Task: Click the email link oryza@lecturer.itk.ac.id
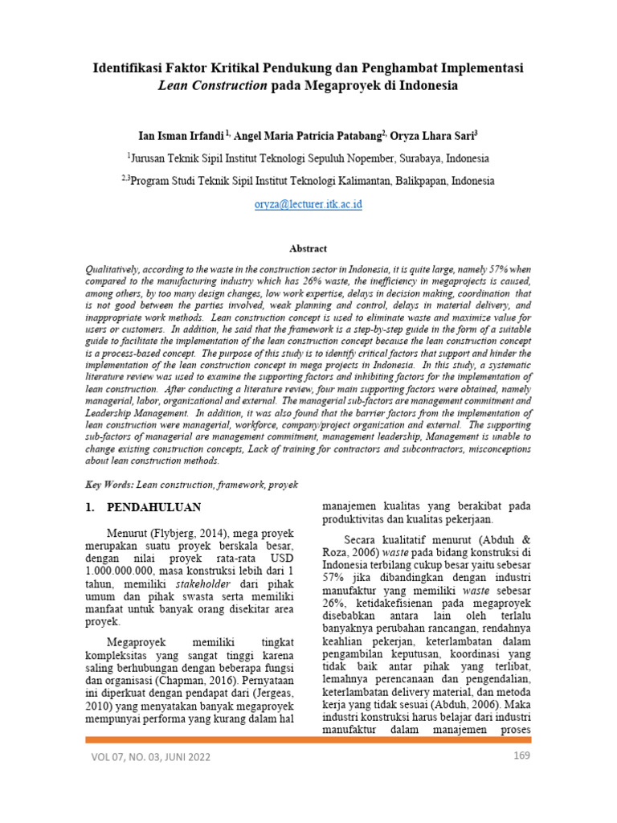(308, 204)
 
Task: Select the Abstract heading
(308, 249)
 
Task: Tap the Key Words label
(109, 485)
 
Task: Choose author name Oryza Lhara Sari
(431, 134)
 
